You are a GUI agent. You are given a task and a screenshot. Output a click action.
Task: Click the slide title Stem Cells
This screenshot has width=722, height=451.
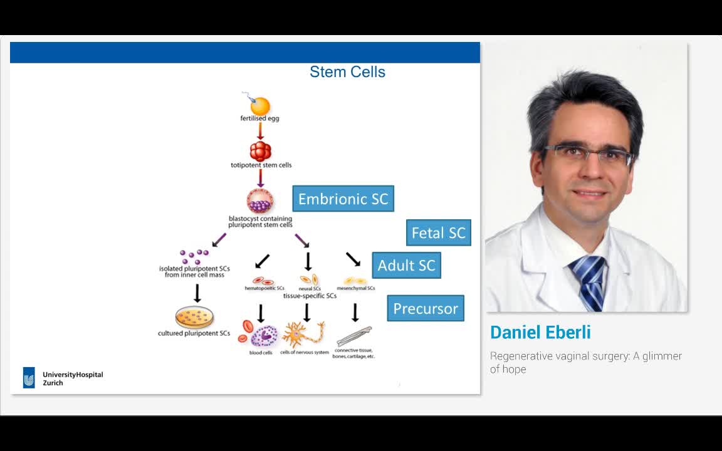click(x=347, y=72)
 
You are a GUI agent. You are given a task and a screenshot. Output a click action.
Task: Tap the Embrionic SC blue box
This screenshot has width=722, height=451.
click(x=343, y=199)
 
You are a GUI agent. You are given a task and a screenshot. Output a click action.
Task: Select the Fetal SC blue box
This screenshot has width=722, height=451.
click(x=438, y=233)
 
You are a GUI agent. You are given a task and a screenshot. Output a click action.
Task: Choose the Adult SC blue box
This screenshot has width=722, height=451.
click(x=406, y=265)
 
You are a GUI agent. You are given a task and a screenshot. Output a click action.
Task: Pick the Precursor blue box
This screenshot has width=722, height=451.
click(x=425, y=308)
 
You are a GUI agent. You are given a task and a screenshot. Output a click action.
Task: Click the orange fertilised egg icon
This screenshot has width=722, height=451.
click(x=259, y=105)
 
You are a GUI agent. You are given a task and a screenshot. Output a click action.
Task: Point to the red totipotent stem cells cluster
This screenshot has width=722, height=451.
click(x=260, y=151)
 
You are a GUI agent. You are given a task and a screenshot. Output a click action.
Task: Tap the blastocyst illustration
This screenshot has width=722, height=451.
click(x=260, y=201)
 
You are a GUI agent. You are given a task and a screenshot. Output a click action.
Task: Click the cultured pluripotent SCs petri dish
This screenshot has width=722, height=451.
click(x=194, y=318)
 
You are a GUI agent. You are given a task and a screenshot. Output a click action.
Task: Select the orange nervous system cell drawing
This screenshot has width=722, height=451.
click(x=303, y=334)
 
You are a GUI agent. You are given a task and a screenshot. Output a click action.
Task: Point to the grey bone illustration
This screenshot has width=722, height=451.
click(x=354, y=336)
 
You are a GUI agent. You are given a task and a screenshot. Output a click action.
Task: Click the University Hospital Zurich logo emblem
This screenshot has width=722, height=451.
click(x=29, y=378)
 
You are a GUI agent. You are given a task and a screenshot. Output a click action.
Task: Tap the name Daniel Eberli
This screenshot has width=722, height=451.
click(x=540, y=333)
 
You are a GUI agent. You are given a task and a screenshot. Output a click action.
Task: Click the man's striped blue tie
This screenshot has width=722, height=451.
click(x=589, y=281)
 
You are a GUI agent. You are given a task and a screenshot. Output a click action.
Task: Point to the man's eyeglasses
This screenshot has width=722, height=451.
click(x=588, y=154)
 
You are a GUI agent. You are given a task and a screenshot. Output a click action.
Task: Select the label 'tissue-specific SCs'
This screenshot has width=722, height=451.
click(x=310, y=296)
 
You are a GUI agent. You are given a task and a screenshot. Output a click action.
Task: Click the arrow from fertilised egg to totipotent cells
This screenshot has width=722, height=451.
click(x=260, y=131)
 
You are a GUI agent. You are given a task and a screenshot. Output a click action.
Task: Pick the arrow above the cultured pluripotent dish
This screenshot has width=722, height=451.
click(x=197, y=293)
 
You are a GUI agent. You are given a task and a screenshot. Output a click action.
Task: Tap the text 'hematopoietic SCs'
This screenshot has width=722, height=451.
click(x=261, y=289)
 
